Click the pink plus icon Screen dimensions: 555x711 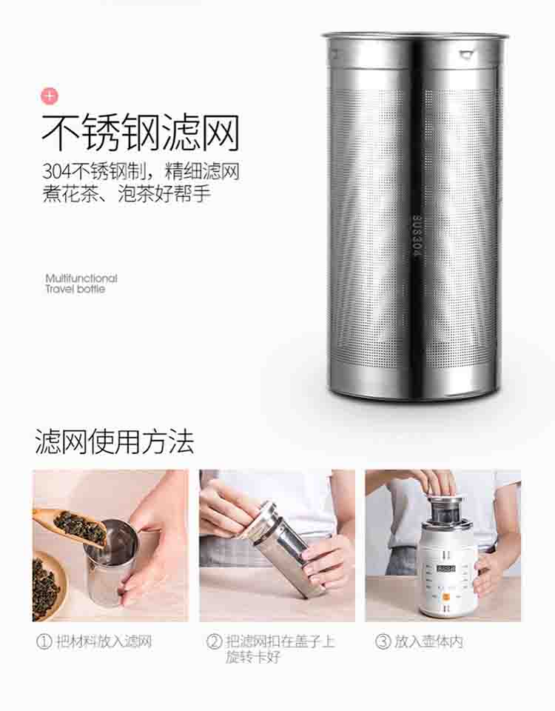(x=50, y=96)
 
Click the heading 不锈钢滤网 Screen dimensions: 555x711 (x=141, y=133)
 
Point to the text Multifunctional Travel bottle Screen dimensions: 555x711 (x=81, y=284)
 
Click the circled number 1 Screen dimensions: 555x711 (x=44, y=641)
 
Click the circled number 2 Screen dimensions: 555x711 (x=214, y=641)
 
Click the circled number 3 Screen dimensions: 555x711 (x=383, y=641)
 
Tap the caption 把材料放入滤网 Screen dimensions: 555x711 (x=104, y=641)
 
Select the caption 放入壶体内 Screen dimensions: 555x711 (x=428, y=641)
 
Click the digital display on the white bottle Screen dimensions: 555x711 (x=445, y=569)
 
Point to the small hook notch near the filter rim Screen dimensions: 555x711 (x=465, y=54)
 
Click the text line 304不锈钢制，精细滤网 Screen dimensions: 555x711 (x=141, y=172)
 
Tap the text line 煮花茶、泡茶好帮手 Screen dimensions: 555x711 (x=127, y=193)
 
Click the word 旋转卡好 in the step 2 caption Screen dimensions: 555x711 (x=253, y=657)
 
